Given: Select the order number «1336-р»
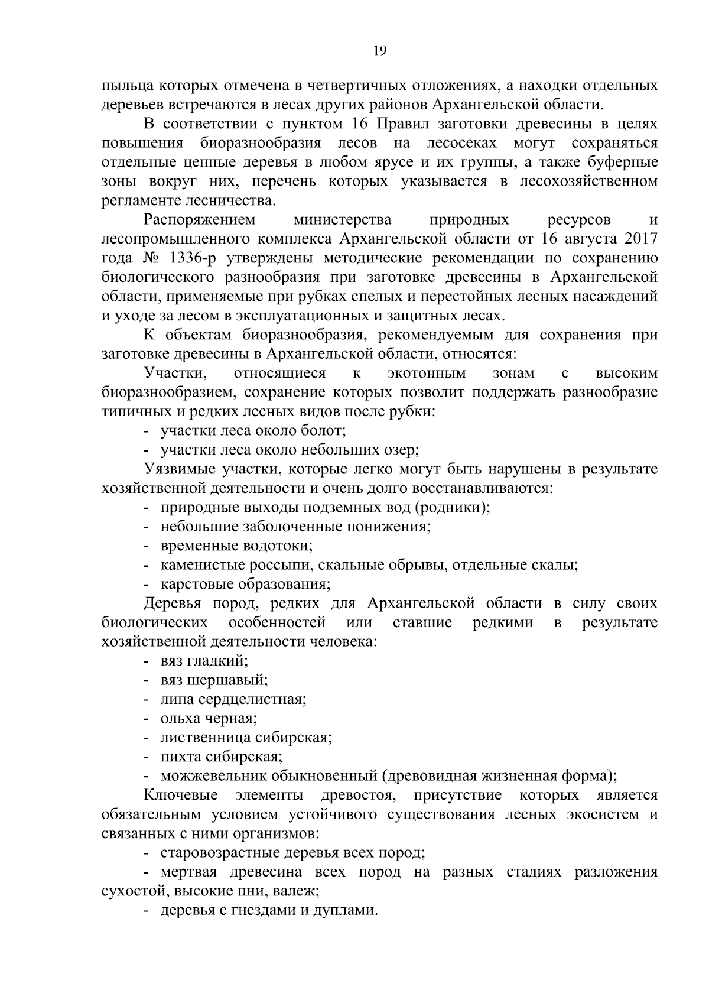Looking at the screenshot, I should pos(196,258).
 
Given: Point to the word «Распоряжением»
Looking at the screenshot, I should pos(199,220).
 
